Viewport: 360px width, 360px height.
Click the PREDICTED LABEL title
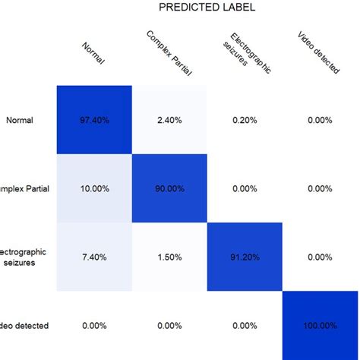pyautogui.click(x=207, y=8)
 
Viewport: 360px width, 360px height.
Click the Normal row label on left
pyautogui.click(x=20, y=119)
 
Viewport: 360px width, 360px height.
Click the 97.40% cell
pyautogui.click(x=96, y=119)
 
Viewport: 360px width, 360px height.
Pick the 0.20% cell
pyautogui.click(x=245, y=119)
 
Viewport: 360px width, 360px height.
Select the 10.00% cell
pyautogui.click(x=96, y=188)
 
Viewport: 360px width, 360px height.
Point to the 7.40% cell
pyautogui.click(x=96, y=257)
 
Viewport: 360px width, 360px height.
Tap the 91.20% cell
pyautogui.click(x=245, y=257)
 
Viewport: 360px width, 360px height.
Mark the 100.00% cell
pyautogui.click(x=319, y=325)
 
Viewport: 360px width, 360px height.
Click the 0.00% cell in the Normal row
pyautogui.click(x=319, y=119)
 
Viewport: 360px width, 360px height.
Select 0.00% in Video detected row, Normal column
pyautogui.click(x=96, y=325)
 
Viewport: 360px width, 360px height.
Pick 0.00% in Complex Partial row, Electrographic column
pyautogui.click(x=245, y=188)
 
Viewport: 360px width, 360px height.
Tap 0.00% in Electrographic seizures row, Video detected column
pyautogui.click(x=319, y=257)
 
